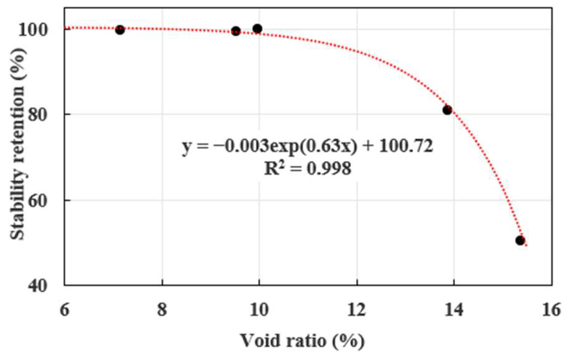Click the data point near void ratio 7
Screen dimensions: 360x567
point(120,30)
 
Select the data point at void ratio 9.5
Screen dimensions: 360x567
point(236,31)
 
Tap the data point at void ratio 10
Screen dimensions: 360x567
point(257,29)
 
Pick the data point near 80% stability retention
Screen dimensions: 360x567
point(447,110)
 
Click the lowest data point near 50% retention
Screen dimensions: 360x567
point(520,240)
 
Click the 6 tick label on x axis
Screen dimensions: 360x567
point(64,310)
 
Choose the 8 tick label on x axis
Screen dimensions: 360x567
point(162,310)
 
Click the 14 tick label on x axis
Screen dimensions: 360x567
point(454,310)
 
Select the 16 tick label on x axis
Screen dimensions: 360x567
point(551,310)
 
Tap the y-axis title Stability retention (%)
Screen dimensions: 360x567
point(17,143)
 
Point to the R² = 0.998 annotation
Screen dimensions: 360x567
point(308,168)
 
